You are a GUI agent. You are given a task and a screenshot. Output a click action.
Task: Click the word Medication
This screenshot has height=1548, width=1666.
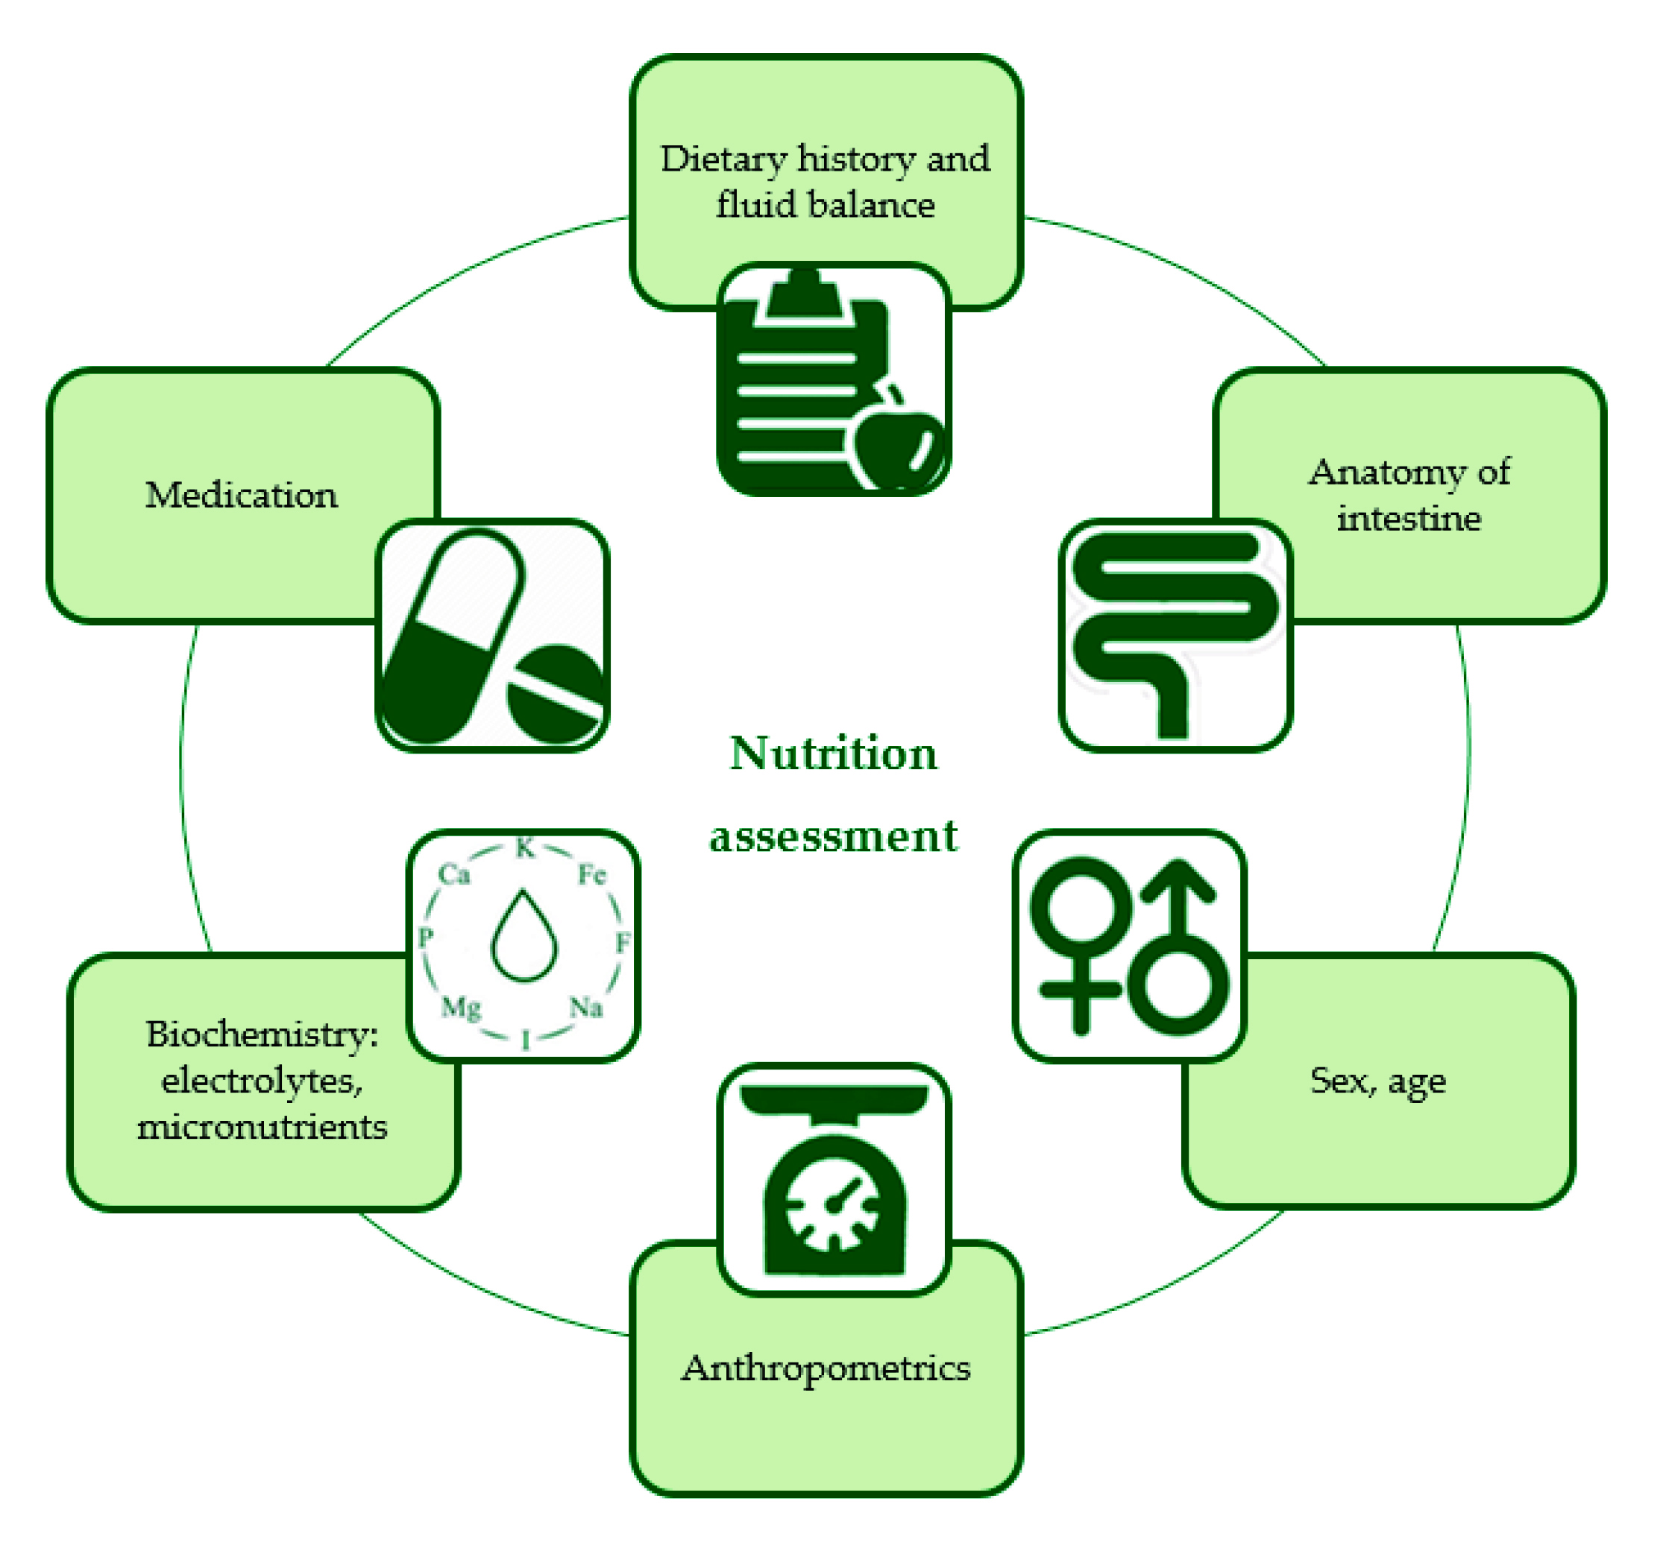coord(242,495)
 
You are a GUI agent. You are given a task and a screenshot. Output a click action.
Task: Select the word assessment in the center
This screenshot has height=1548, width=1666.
coord(833,836)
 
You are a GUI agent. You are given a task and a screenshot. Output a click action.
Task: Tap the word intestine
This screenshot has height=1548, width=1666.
coord(1409,519)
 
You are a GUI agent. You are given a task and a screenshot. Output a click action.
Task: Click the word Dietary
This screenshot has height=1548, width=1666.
coord(723,159)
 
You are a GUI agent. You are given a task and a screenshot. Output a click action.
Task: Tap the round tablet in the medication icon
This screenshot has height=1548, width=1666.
coord(554,694)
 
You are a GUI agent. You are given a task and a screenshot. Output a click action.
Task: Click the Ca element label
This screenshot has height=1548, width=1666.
coord(454,874)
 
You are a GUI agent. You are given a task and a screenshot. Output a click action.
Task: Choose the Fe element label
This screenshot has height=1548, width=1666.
coord(591,874)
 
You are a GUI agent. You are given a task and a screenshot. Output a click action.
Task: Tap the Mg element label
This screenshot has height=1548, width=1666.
coord(461,1005)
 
